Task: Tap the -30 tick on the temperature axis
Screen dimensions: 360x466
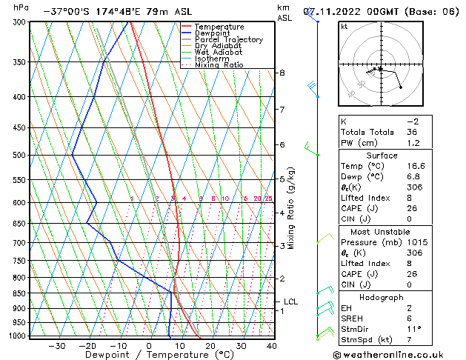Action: pyautogui.click(x=57, y=346)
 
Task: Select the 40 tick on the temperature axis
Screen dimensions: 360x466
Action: pyautogui.click(x=271, y=346)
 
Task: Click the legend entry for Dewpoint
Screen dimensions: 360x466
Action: pyautogui.click(x=213, y=33)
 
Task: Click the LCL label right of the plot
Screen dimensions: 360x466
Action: pyautogui.click(x=290, y=301)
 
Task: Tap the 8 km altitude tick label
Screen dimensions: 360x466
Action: pyautogui.click(x=282, y=73)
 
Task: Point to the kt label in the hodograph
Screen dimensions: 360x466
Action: pyautogui.click(x=344, y=27)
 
